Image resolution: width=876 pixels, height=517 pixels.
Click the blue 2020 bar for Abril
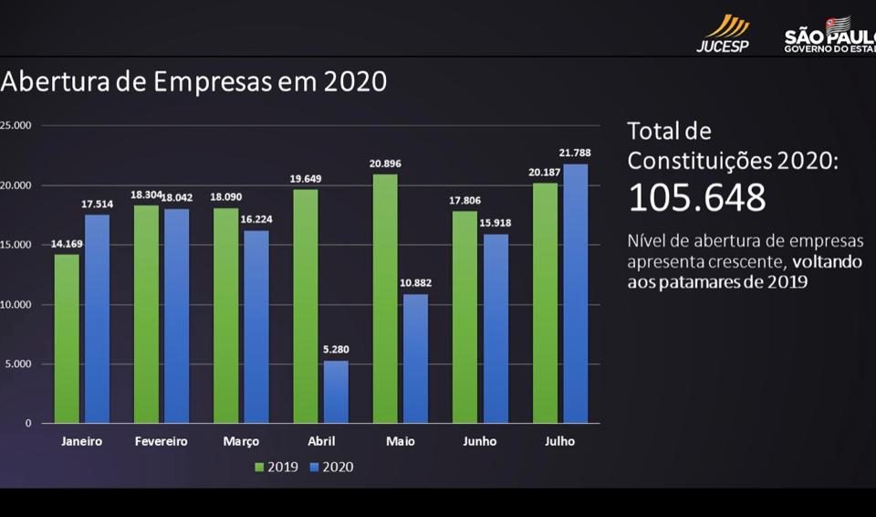[336, 392]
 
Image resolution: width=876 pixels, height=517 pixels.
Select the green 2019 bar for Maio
[385, 298]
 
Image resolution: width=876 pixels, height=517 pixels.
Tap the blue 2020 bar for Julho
[576, 293]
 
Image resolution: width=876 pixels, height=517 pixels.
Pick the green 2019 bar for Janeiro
[67, 339]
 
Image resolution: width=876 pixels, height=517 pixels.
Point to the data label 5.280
[336, 350]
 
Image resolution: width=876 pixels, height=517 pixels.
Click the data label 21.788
[575, 153]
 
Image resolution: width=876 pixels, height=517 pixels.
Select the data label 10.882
[416, 283]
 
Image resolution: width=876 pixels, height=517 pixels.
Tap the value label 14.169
[67, 244]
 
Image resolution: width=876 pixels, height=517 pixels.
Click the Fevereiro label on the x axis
[161, 441]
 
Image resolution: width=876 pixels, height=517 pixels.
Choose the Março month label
[241, 442]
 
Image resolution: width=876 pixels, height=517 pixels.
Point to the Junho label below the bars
[480, 441]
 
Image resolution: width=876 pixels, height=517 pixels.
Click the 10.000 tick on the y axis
[16, 305]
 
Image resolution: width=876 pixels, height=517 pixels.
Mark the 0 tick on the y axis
[28, 424]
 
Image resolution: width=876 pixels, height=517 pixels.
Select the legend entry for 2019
[276, 467]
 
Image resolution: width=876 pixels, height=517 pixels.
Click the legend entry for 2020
[332, 467]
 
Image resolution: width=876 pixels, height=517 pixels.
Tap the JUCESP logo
[723, 34]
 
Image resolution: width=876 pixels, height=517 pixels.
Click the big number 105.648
[696, 197]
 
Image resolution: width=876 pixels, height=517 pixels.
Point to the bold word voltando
[827, 262]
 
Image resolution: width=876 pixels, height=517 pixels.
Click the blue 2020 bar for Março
[256, 327]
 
